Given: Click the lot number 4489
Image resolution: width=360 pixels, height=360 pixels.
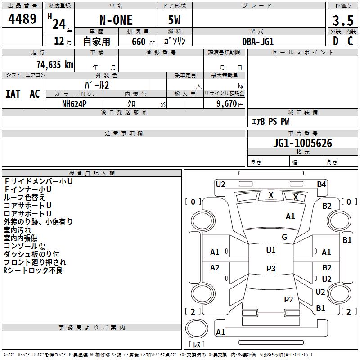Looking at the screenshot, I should [x=22, y=19].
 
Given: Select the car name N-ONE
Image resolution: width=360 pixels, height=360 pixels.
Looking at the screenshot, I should [x=116, y=21].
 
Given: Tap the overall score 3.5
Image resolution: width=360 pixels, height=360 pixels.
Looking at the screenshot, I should [x=342, y=21].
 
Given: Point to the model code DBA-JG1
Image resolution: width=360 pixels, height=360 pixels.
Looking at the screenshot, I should [x=258, y=41].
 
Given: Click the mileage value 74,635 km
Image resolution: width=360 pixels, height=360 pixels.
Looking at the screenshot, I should [x=53, y=64].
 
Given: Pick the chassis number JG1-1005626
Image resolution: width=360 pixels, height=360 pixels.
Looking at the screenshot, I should [x=302, y=144].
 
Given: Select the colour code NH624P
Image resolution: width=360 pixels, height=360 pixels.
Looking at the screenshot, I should [x=74, y=103].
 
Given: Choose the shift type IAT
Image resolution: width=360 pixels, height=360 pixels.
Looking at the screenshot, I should [x=13, y=94].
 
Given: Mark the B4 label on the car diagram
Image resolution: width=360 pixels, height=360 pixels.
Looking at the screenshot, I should [x=321, y=184].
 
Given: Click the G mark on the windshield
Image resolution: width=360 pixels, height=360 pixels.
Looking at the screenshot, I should [x=284, y=237].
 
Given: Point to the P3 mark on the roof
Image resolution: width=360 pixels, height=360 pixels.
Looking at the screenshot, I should [x=271, y=268].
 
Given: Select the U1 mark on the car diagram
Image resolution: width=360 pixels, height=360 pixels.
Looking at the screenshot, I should [x=271, y=251].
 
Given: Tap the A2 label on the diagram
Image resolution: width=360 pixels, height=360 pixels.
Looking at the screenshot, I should [x=215, y=268].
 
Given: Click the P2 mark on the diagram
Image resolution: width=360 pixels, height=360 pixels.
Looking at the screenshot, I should [x=288, y=299].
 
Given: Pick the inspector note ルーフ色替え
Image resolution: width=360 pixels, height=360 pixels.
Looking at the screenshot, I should [x=24, y=197].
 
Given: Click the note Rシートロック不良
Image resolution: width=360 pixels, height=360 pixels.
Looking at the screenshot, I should [x=33, y=270].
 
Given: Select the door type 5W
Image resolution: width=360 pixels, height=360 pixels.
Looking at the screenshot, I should [x=175, y=21].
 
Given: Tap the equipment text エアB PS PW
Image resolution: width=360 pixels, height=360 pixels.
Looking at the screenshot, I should [x=270, y=121].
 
